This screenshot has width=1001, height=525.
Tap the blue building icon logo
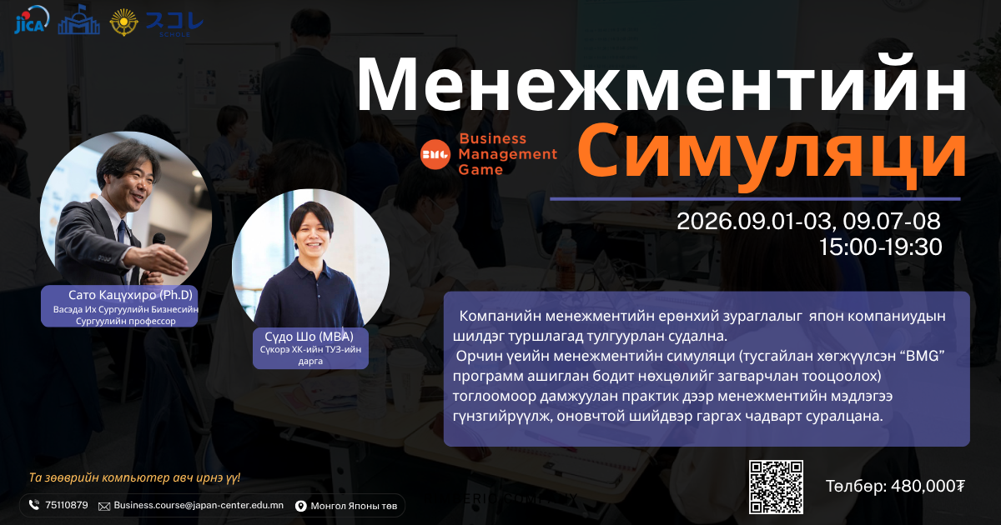pos(78,20)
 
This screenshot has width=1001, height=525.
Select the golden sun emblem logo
pos(123,22)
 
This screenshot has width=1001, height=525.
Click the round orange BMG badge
pos(435,154)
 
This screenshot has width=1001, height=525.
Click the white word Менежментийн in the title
pos(661,85)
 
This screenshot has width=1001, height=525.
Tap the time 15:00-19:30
pos(880,247)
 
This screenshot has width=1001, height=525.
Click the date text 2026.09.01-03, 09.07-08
pos(808,221)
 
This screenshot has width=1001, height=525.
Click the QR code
pos(777,487)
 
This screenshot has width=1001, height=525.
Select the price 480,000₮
pos(928,486)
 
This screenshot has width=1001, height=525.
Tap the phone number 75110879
pos(67,505)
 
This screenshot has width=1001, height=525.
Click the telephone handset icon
pos(34,505)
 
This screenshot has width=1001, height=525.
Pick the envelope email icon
pos(104,507)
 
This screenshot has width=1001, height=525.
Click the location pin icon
pos(301,506)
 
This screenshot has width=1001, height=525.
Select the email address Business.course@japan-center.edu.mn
pos(199,505)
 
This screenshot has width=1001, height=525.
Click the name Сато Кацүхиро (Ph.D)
pos(130,295)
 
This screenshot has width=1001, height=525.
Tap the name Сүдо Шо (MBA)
pos(309,337)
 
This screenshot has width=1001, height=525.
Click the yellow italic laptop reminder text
pos(134,477)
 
